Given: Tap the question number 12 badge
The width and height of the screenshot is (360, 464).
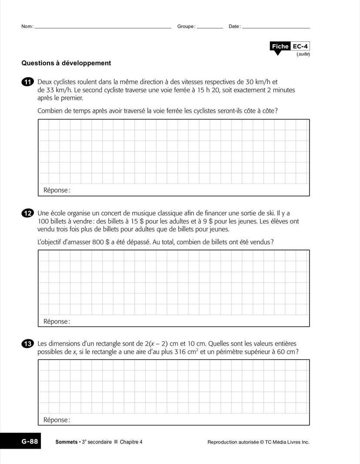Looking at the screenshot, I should click(27, 213).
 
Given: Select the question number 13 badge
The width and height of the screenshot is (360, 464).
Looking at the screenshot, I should click(27, 344).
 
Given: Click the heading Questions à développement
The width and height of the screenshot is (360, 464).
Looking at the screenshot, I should click(66, 63).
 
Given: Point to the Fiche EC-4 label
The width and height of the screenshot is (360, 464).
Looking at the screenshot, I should click(290, 47).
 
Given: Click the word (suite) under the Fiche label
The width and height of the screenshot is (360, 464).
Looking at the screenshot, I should click(303, 54).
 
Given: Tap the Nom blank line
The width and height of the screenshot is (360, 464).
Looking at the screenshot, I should click(103, 27).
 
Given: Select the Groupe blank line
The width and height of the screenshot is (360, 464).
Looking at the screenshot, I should click(210, 27).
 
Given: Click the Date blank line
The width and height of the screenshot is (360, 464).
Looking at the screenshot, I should click(276, 27).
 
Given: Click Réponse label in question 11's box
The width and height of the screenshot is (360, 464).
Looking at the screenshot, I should click(57, 190).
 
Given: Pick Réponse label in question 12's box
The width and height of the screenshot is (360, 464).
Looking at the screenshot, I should click(57, 321).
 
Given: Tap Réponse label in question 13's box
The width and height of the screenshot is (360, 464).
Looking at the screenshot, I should click(57, 420).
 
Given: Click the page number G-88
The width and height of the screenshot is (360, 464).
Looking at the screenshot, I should click(30, 442).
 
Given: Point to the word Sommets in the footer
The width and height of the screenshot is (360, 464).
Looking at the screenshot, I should click(66, 442).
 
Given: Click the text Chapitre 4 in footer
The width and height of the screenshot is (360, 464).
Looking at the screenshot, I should click(131, 442).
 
